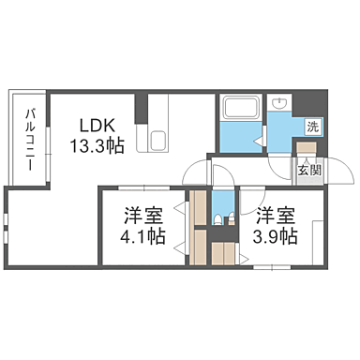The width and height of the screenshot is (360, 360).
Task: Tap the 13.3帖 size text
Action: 97,145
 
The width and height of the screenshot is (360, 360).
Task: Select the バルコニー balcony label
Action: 29,138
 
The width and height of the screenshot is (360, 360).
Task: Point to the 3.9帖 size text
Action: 277,235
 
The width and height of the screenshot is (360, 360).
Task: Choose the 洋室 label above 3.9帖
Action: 277,214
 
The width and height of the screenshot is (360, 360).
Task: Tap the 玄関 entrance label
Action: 309,171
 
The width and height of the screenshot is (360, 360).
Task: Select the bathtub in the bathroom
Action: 241,107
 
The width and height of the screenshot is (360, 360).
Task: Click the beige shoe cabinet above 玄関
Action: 307,147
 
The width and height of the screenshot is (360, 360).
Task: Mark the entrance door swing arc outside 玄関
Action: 342,173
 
